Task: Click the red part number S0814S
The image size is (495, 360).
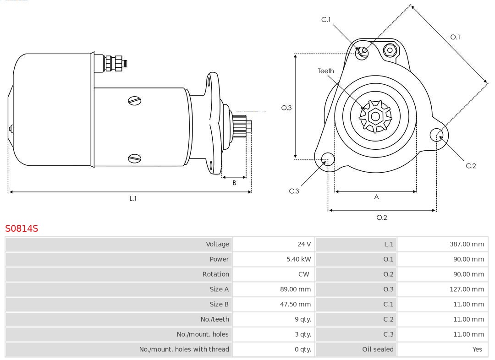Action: (22, 228)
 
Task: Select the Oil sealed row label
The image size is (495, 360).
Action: (378, 349)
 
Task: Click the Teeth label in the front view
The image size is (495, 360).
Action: (326, 71)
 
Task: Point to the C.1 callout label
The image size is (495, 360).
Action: (326, 20)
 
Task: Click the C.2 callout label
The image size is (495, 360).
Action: (471, 166)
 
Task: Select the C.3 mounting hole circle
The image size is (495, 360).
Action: (327, 159)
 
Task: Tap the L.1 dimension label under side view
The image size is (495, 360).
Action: (133, 198)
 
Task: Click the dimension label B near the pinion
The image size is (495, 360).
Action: (234, 183)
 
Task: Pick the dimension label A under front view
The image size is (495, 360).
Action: (376, 197)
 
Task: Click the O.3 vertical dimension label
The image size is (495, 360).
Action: (286, 108)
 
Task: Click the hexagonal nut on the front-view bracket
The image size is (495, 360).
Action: (390, 50)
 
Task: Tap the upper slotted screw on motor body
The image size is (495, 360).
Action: (135, 100)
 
